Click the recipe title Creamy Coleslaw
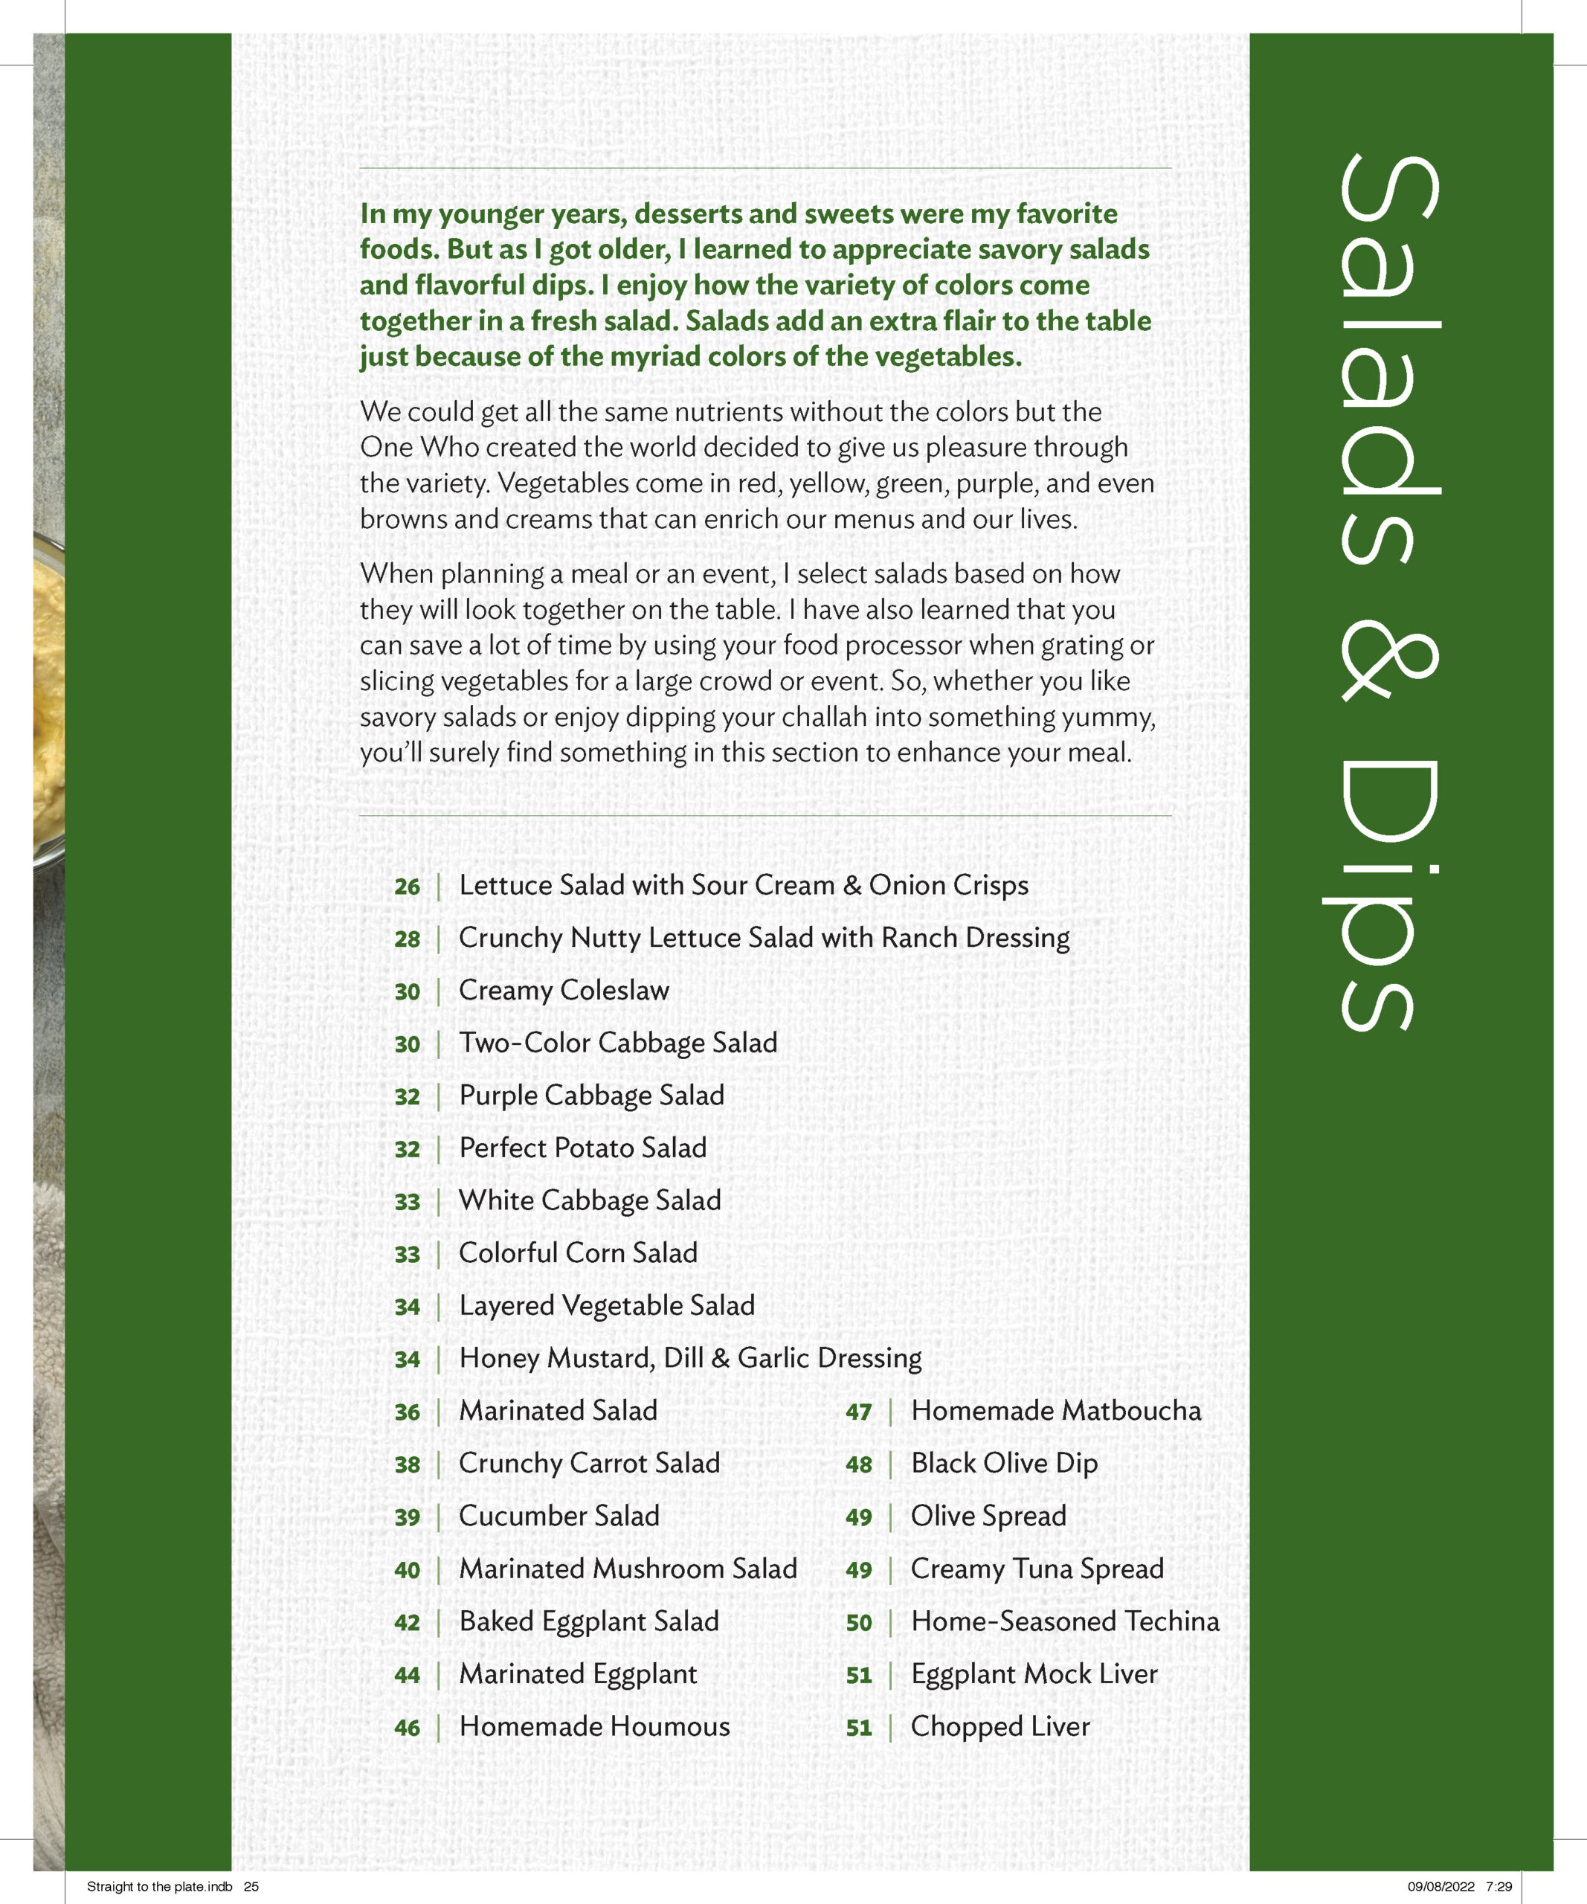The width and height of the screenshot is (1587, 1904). [x=564, y=990]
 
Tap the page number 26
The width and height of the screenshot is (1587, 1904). [x=407, y=887]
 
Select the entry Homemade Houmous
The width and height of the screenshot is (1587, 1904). [x=593, y=1726]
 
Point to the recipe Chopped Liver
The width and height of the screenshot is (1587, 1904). [x=999, y=1726]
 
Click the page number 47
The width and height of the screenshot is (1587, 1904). [x=858, y=1412]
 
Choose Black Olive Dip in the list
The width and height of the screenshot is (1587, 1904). [x=1003, y=1464]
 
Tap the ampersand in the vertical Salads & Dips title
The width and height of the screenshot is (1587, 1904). [x=1387, y=666]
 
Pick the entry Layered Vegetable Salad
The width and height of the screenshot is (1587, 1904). [x=606, y=1305]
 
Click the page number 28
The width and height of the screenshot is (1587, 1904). [x=407, y=939]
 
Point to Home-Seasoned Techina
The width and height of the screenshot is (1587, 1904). [x=1065, y=1621]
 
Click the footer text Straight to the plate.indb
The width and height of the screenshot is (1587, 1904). [x=159, y=1887]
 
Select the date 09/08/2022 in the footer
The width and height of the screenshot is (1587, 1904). [x=1441, y=1887]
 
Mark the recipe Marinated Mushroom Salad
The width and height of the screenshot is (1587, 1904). [x=627, y=1569]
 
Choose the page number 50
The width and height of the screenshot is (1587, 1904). [x=858, y=1623]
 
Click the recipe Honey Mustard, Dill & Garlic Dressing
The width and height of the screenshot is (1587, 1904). [x=689, y=1358]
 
